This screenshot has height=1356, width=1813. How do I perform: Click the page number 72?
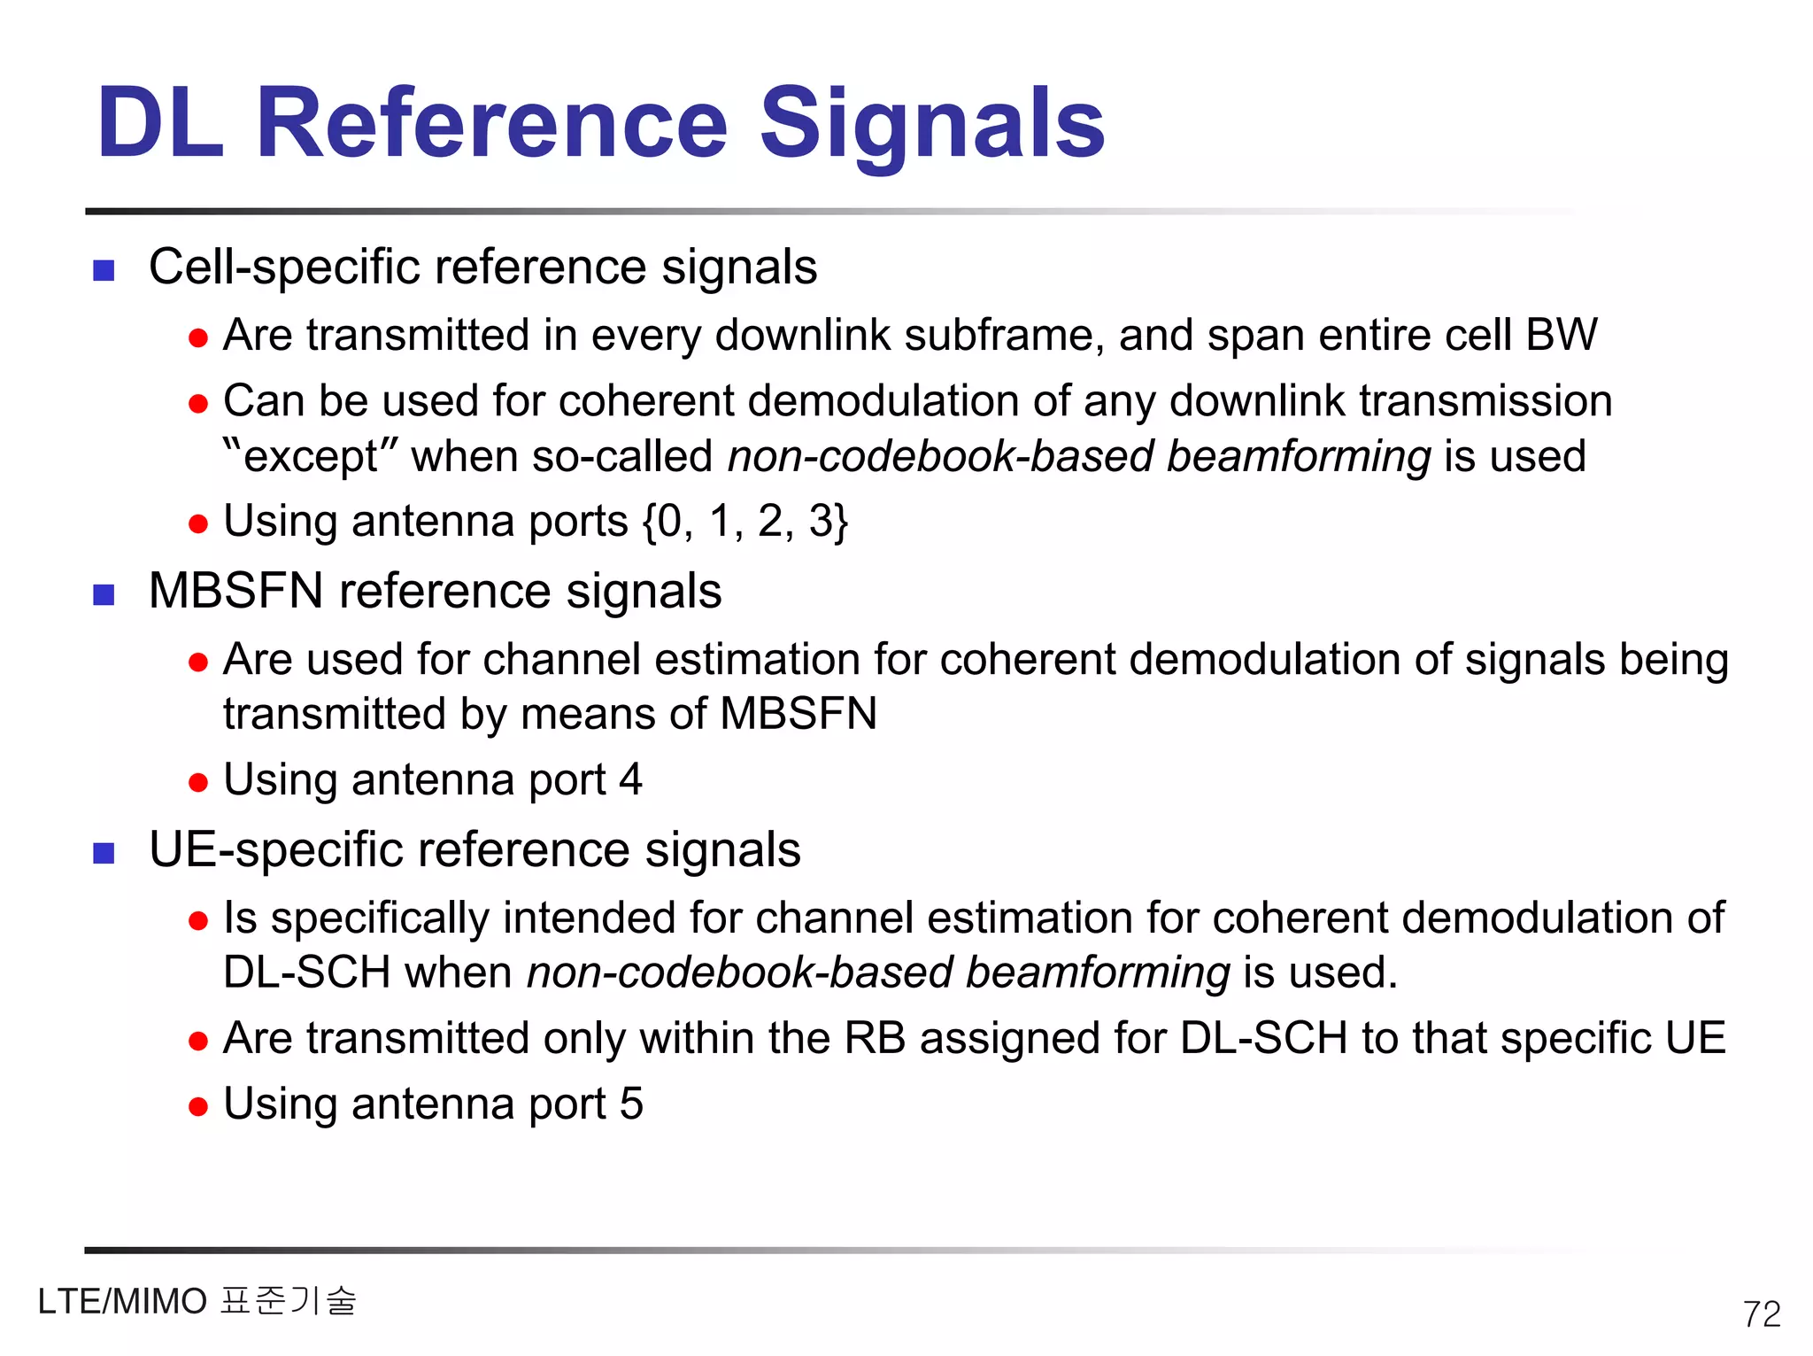click(1761, 1313)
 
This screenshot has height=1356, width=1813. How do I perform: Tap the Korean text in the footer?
click(288, 1300)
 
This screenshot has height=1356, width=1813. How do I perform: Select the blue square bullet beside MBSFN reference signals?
click(104, 594)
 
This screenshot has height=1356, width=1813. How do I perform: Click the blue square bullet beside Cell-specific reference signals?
click(104, 270)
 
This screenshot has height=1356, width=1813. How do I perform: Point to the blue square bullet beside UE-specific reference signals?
click(104, 853)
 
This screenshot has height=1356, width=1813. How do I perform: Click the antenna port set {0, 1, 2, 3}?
click(745, 521)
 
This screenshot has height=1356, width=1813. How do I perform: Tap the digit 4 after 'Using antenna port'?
click(630, 779)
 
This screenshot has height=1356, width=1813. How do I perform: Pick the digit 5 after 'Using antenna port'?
click(631, 1104)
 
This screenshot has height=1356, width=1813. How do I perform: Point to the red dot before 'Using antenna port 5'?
click(198, 1106)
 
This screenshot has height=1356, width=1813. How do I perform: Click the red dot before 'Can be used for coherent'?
click(198, 404)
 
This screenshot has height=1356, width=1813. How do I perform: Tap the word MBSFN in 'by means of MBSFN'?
click(798, 714)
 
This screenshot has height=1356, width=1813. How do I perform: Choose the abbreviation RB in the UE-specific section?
click(875, 1038)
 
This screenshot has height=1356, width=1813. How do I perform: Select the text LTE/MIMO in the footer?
click(122, 1302)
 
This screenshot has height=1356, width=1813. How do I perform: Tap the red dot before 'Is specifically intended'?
click(198, 921)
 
